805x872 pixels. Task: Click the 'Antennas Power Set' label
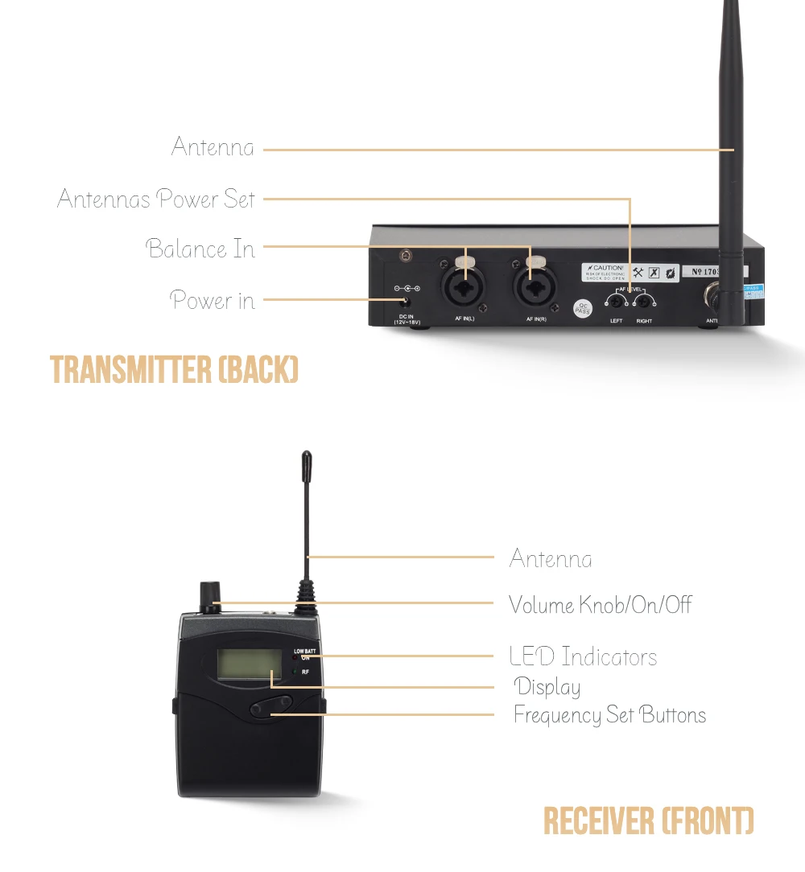pyautogui.click(x=156, y=199)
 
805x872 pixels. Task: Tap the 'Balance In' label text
pyautogui.click(x=200, y=249)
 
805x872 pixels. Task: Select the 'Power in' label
pyautogui.click(x=213, y=301)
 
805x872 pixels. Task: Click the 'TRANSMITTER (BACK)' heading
pyautogui.click(x=175, y=369)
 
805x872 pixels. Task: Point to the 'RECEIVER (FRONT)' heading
pyautogui.click(x=649, y=821)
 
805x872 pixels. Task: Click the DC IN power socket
pyautogui.click(x=407, y=302)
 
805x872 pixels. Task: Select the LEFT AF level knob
pyautogui.click(x=618, y=302)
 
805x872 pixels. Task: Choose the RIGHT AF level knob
pyautogui.click(x=643, y=302)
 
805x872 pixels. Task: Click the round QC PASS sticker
pyautogui.click(x=582, y=307)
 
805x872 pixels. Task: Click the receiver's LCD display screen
pyautogui.click(x=242, y=663)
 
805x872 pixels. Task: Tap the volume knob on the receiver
pyautogui.click(x=211, y=596)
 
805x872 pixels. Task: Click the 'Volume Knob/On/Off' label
pyautogui.click(x=600, y=605)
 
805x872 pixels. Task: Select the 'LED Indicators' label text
pyautogui.click(x=583, y=657)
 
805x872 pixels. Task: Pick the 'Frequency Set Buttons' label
pyautogui.click(x=609, y=715)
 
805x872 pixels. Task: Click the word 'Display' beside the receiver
pyautogui.click(x=547, y=687)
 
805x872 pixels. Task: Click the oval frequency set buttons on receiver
pyautogui.click(x=270, y=706)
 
